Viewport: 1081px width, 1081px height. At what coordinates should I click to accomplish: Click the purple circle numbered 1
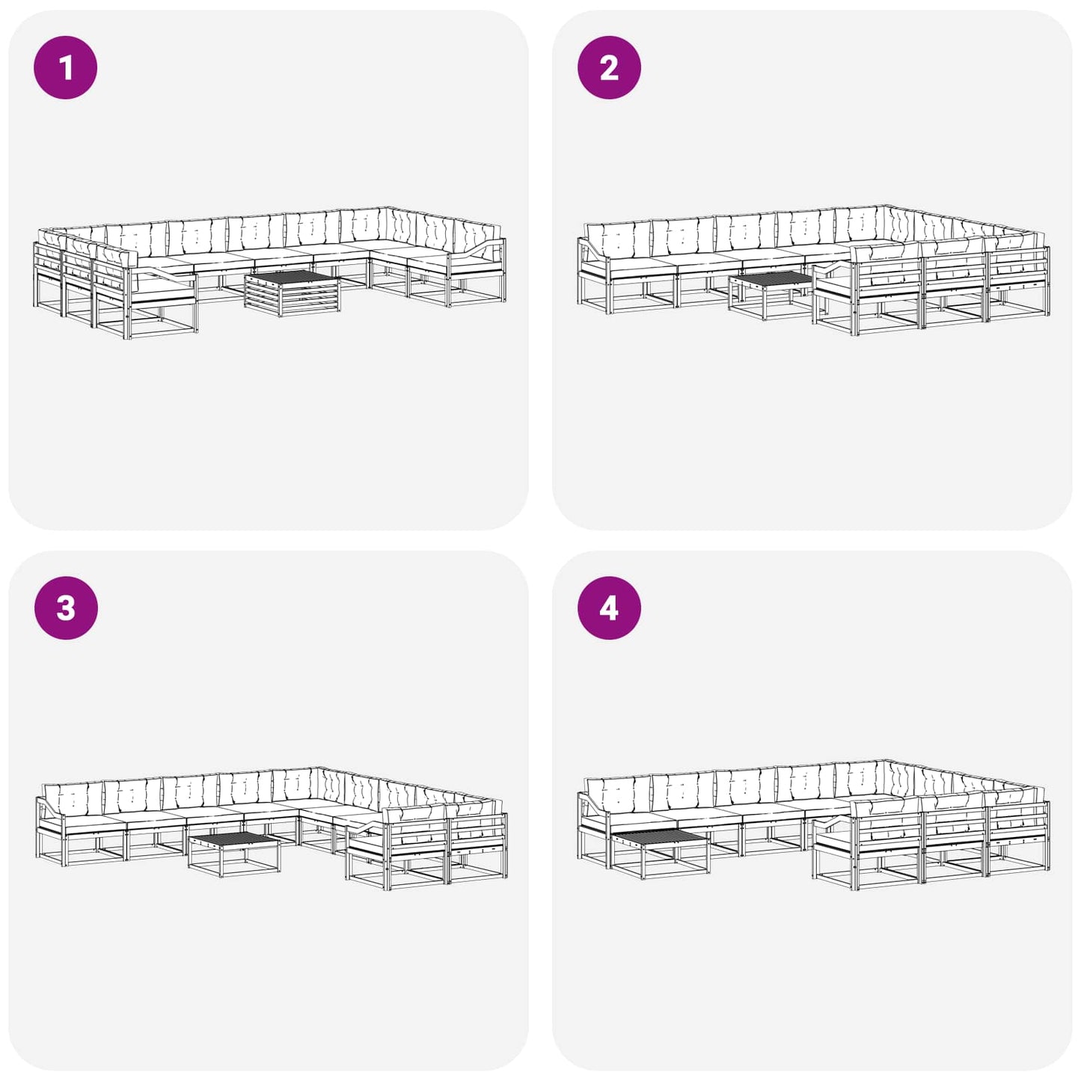(66, 67)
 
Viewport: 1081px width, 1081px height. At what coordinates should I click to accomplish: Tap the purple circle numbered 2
(609, 67)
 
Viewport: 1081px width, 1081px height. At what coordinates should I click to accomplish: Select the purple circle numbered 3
(66, 608)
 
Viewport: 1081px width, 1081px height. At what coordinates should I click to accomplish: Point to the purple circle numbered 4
(609, 608)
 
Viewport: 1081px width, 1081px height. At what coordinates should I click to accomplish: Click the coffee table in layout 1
(293, 293)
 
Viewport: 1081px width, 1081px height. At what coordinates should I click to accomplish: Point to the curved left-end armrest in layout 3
(49, 809)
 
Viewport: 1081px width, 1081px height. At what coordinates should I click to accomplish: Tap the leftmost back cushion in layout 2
(617, 239)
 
